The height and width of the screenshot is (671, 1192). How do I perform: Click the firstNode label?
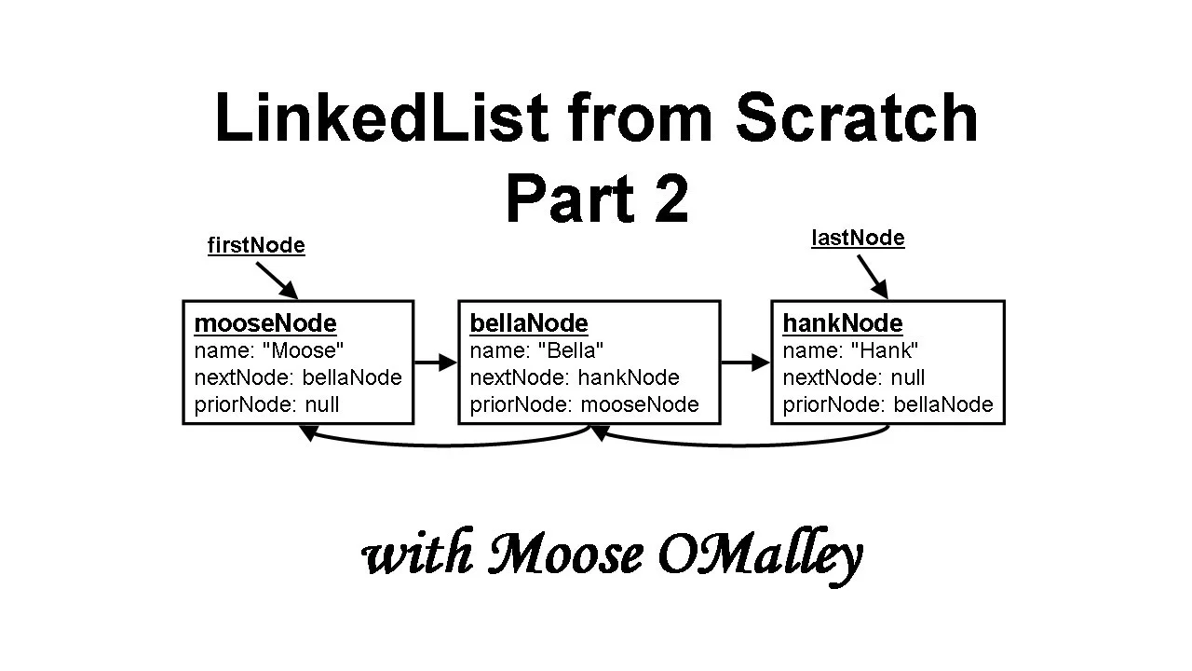point(256,245)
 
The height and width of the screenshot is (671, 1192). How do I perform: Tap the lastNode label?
point(858,238)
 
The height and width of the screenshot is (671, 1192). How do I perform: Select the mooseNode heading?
point(265,323)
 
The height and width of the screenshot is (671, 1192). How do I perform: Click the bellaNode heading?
point(529,323)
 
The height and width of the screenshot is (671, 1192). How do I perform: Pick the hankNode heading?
point(843,323)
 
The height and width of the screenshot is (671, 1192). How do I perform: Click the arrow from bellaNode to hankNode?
point(745,363)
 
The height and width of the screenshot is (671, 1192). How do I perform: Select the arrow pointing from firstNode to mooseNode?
point(276,280)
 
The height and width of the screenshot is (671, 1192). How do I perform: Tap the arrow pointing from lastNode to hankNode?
point(872,276)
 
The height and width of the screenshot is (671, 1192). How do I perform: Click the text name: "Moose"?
point(269,350)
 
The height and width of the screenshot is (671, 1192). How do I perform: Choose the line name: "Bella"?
point(537,350)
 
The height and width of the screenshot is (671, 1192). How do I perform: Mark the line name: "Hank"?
point(850,350)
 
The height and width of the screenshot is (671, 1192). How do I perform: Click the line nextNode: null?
point(854,377)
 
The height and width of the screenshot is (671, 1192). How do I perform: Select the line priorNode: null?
point(267,404)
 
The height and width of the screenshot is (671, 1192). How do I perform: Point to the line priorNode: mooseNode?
point(584,404)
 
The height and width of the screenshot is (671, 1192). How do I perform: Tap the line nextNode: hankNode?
point(575,377)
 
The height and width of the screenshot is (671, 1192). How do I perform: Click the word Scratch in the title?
point(857,118)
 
